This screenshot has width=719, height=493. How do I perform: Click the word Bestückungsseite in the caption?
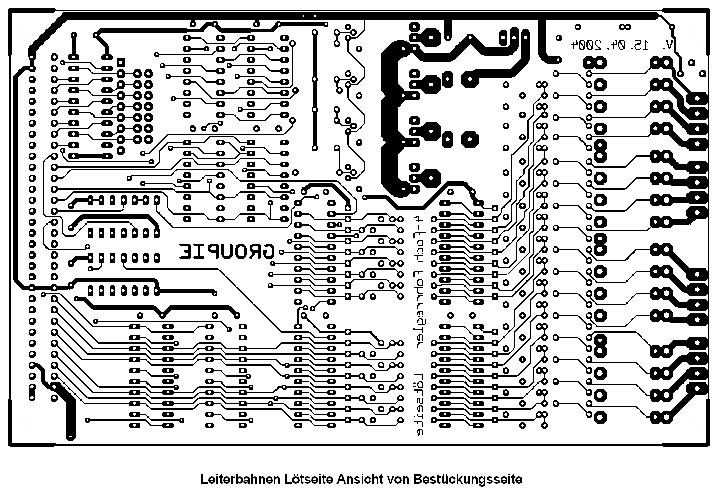(468, 480)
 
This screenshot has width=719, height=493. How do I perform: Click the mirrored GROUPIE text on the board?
(227, 252)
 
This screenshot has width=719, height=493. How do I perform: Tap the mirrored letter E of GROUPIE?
(186, 252)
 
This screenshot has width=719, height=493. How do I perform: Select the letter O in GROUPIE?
(241, 252)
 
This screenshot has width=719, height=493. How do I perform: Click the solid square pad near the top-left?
(121, 62)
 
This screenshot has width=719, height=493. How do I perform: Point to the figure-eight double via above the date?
(624, 27)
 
